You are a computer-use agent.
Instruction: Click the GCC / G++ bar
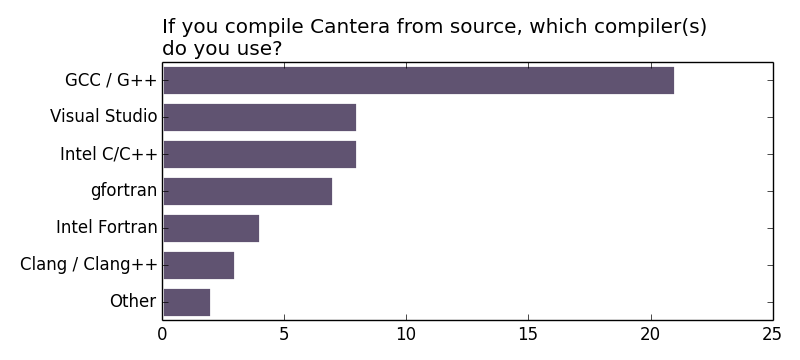(418, 80)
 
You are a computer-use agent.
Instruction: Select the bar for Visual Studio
(259, 117)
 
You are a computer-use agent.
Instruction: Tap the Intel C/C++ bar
(259, 154)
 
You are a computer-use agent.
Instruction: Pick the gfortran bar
(247, 191)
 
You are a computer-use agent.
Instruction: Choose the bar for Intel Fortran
(211, 228)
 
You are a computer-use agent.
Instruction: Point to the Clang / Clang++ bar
(198, 265)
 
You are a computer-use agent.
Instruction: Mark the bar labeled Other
(186, 302)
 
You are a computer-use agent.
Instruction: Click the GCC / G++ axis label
(111, 80)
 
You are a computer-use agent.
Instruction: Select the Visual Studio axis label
(104, 117)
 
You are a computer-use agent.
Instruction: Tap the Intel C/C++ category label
(109, 154)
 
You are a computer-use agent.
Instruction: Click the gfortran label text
(124, 191)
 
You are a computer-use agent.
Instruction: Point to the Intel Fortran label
(107, 228)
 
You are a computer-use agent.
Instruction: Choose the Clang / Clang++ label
(89, 265)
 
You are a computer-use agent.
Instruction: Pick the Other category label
(133, 302)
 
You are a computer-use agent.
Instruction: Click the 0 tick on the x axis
(163, 335)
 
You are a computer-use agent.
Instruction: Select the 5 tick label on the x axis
(284, 335)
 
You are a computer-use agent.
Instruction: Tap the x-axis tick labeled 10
(406, 335)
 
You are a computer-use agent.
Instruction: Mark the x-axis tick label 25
(772, 335)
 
